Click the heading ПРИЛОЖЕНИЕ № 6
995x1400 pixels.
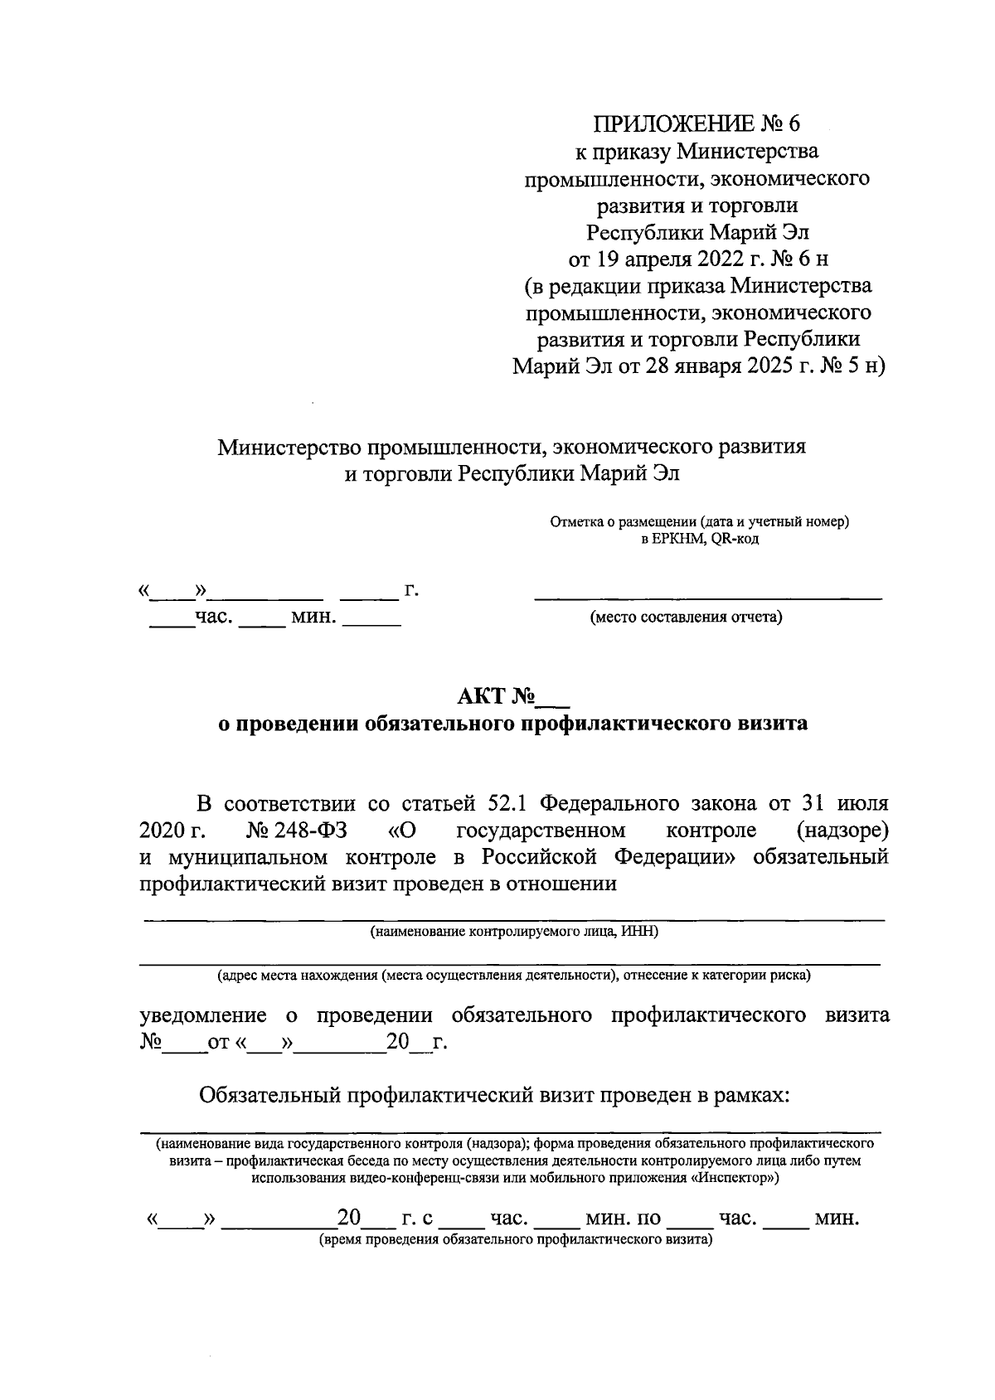[x=697, y=124]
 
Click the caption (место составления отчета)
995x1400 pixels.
[x=686, y=618]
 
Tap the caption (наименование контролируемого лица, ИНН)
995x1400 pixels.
[x=514, y=932]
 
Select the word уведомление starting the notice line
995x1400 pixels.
[x=203, y=1015]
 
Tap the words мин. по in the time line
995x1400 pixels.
[x=623, y=1218]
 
